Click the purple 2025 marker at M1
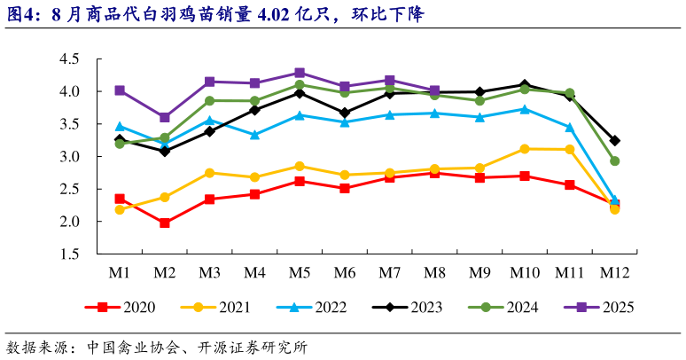coord(120,90)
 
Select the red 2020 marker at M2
coord(165,223)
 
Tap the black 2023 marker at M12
coord(614,141)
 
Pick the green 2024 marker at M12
coord(614,160)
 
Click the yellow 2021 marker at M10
coord(525,149)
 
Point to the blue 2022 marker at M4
coord(254,135)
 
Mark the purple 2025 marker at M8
coord(434,90)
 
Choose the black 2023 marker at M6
coord(345,113)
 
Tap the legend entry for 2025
coord(598,307)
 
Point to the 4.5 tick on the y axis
coord(69,59)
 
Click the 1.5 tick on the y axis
coord(69,254)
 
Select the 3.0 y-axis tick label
coord(69,157)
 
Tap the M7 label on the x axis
coord(389,270)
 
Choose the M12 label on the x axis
coord(614,270)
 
